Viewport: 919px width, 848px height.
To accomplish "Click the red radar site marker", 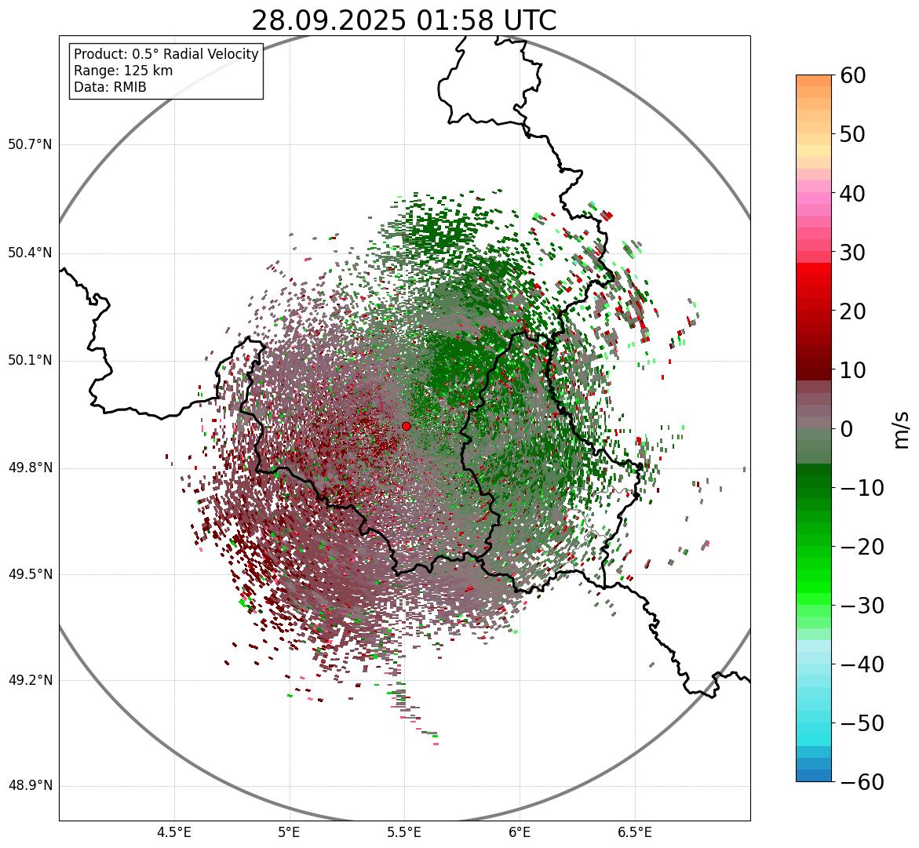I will click(406, 426).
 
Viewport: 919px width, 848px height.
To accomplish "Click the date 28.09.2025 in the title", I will click(329, 20).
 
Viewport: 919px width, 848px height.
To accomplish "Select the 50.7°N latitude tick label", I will click(30, 144).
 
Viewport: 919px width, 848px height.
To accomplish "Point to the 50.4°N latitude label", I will click(30, 253).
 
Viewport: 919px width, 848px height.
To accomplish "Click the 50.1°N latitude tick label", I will click(30, 361).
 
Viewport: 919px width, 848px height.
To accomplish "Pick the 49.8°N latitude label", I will click(30, 468).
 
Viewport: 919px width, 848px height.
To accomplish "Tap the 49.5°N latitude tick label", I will click(30, 574).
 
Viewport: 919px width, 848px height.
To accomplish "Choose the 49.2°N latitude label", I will click(30, 680).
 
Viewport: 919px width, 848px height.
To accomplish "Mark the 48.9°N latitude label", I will click(30, 786).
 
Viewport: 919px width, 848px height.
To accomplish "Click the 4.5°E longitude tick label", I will click(174, 832).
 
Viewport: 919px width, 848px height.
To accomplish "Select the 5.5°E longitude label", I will click(404, 832).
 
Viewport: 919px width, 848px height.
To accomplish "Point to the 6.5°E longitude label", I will click(634, 832).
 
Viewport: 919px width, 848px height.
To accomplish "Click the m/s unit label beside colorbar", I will click(901, 428).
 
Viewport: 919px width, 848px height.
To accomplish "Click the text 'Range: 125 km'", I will click(123, 71).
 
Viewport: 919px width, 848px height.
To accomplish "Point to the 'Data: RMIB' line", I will click(110, 87).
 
